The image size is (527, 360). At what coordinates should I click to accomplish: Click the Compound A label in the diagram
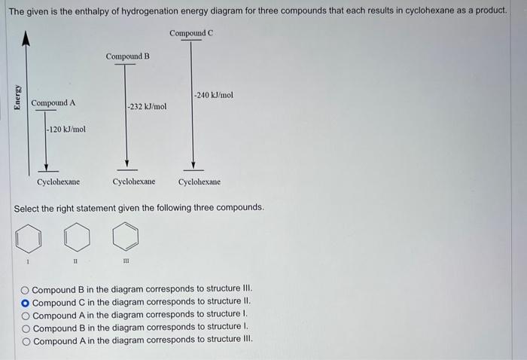point(53,102)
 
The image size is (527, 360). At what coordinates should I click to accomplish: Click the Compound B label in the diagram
point(127,56)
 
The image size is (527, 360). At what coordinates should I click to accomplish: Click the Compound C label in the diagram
point(191,33)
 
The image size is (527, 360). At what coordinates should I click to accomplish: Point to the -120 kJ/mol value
point(66,130)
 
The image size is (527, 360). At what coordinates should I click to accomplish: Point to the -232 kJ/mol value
point(147,107)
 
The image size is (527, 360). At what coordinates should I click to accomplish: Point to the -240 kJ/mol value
point(214,96)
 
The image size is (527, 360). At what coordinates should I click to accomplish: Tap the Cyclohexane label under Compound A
point(58,182)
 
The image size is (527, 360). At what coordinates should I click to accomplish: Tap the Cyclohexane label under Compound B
point(134,182)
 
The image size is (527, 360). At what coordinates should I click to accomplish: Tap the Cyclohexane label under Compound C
point(200,182)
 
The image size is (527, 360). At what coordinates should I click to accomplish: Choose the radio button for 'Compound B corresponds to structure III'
point(26,289)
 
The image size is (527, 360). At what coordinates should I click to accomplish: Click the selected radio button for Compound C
point(26,302)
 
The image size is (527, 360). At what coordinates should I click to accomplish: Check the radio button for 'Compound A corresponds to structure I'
point(26,315)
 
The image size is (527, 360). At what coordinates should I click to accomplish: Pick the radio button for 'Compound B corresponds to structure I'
point(26,328)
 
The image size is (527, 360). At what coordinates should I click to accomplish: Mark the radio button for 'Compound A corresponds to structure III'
point(26,340)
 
